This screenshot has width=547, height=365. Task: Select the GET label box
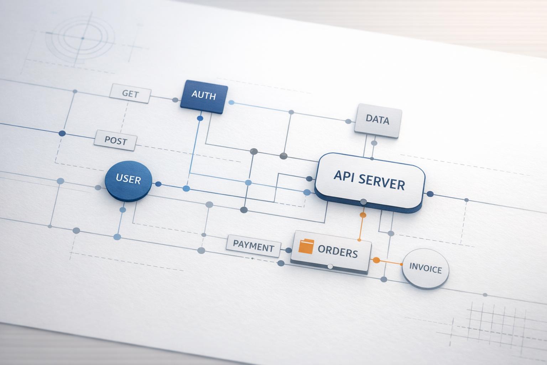(130, 93)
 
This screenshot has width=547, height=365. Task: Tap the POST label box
(115, 140)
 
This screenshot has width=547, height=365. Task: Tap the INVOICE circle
(426, 268)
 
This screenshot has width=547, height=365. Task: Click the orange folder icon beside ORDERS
(306, 246)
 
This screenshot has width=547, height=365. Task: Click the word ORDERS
(338, 252)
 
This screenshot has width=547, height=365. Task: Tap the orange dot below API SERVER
(363, 215)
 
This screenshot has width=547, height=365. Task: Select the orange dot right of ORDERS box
(375, 260)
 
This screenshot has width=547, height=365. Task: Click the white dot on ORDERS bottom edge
(330, 267)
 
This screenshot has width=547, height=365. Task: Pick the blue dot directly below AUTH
(200, 118)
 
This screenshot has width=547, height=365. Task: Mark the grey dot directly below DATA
(374, 143)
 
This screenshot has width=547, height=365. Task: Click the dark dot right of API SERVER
(430, 194)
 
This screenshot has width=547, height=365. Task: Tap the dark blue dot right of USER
(158, 184)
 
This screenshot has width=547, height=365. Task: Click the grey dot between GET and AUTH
(175, 100)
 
